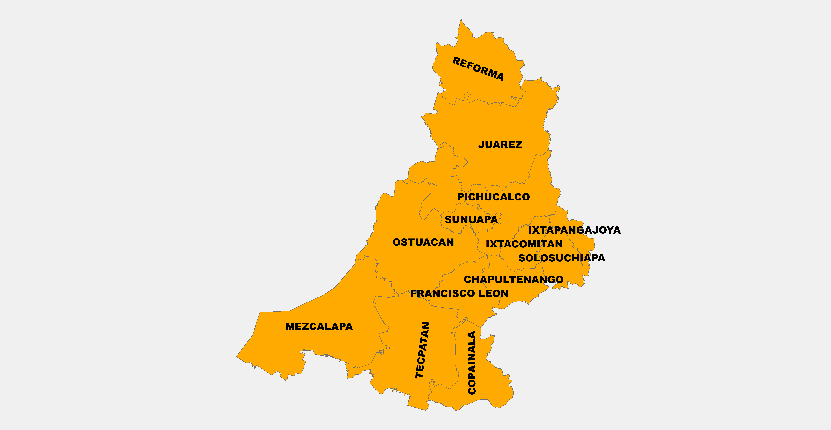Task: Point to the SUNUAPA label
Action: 471,220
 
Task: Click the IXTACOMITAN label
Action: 524,244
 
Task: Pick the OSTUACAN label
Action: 423,242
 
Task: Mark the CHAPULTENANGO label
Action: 514,279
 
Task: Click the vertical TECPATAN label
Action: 422,350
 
